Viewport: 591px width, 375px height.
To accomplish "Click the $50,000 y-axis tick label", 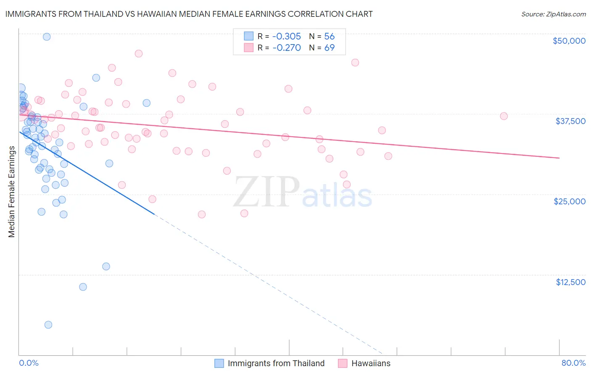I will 569,41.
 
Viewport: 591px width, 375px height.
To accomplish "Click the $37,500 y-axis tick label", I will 570,121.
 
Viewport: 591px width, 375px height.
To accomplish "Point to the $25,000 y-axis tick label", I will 570,201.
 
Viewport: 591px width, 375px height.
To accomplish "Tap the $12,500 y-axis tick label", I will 570,282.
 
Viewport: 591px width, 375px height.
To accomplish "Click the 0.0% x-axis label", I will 29,363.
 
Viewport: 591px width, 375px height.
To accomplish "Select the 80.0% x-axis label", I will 573,363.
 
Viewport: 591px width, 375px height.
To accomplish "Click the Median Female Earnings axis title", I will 12,192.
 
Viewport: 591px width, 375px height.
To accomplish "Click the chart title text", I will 189,14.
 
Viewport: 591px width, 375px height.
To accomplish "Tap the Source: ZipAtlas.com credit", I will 553,14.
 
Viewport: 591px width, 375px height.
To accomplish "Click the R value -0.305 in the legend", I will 286,36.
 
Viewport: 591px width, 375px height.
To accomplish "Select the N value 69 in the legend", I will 329,48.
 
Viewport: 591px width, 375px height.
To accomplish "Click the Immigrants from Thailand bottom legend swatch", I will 219,363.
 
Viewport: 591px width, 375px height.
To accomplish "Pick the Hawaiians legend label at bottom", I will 371,363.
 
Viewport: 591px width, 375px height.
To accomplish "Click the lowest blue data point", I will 48,325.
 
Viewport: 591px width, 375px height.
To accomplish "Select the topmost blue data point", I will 47,37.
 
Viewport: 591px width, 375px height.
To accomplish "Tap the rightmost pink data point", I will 504,116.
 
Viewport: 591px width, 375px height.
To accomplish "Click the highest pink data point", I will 138,53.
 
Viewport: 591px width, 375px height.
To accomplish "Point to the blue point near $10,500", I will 83,287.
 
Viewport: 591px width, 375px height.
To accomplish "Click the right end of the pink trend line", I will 559,158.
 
